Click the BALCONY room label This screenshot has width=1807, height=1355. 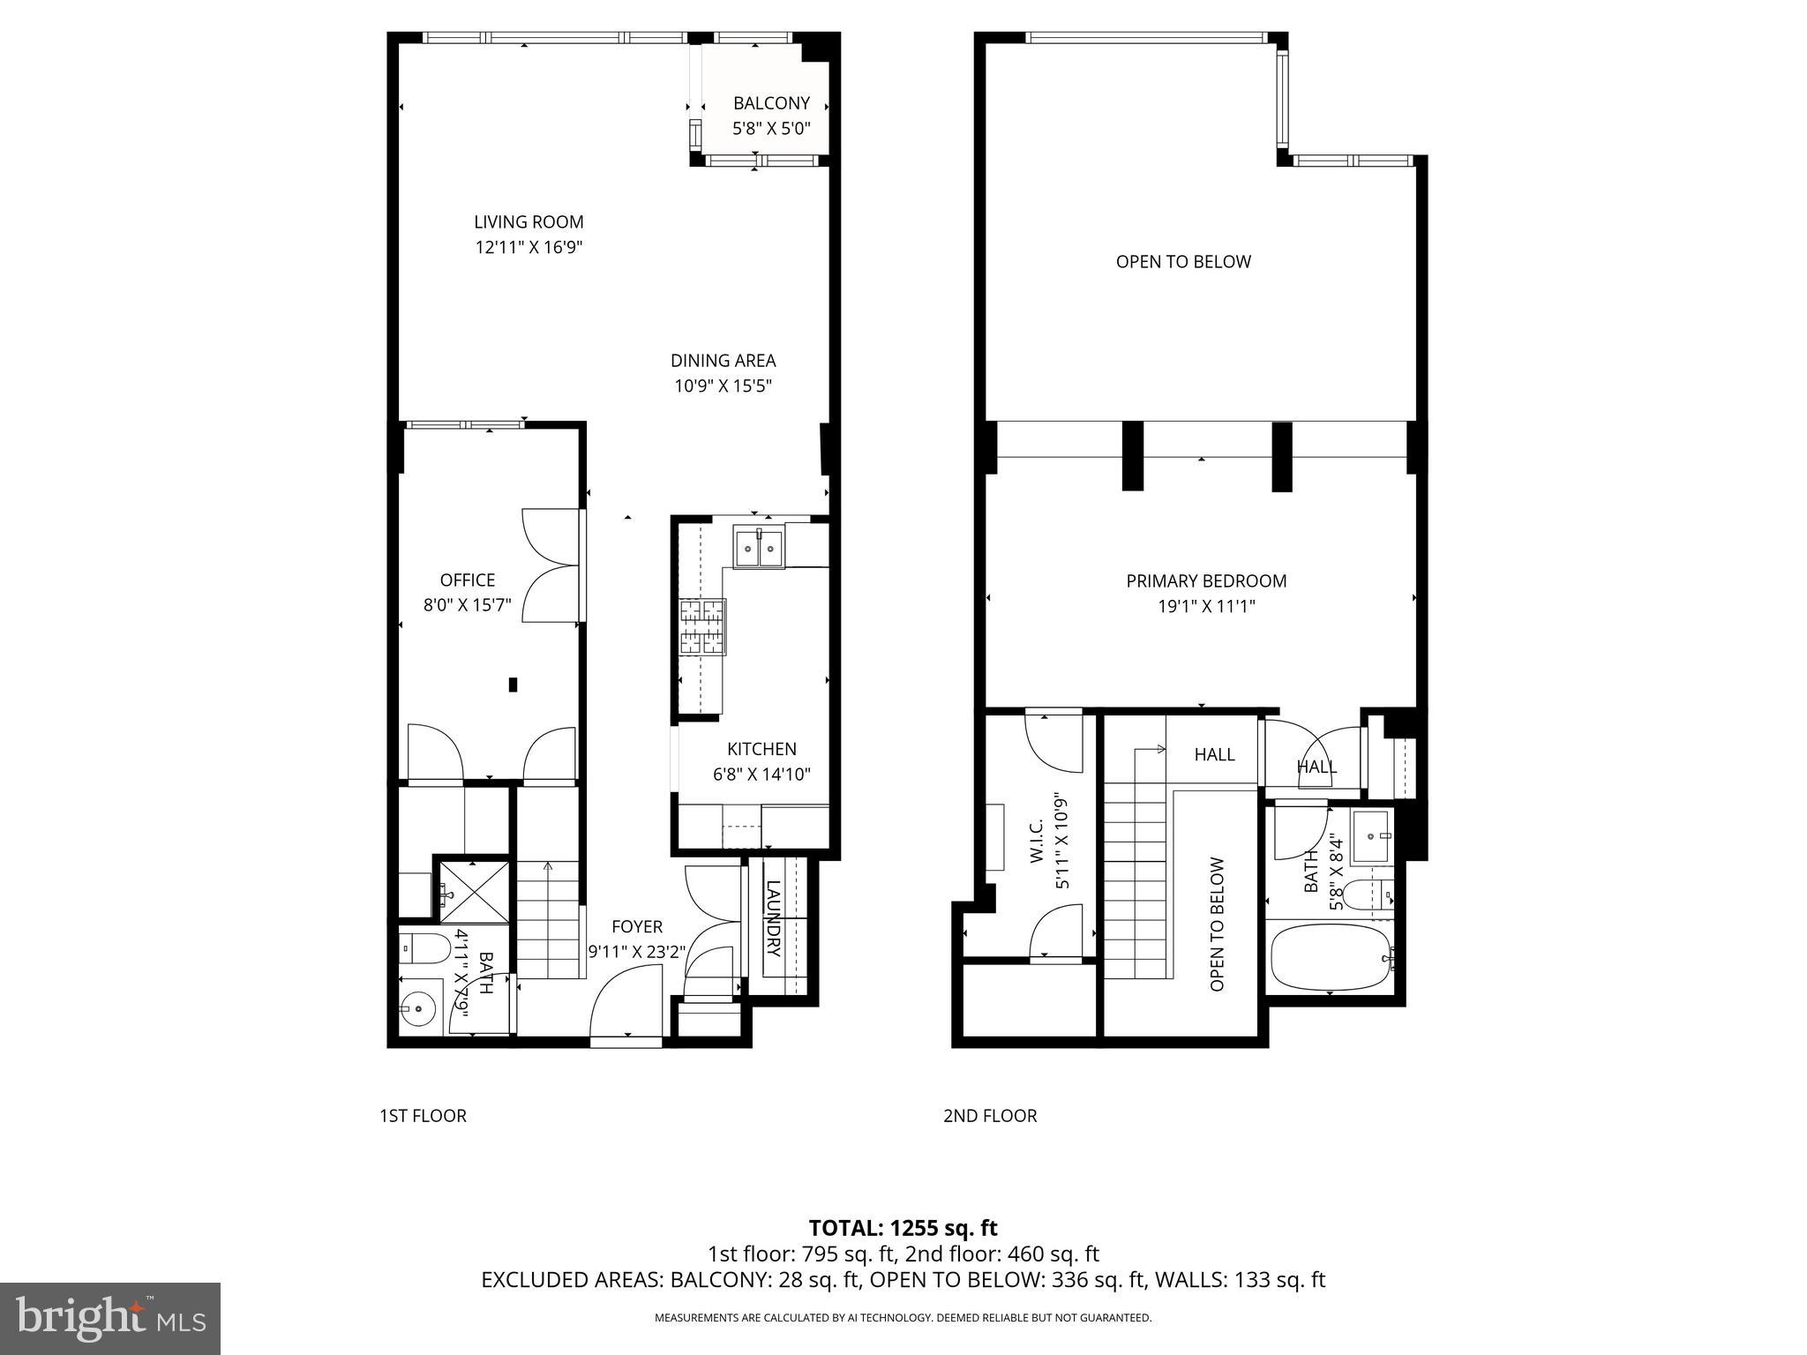coord(770,103)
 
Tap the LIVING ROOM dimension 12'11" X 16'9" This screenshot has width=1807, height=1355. coord(529,248)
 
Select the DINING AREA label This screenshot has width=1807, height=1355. coord(723,360)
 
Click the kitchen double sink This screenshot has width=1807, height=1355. coord(759,549)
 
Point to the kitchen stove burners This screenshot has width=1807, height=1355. coord(702,626)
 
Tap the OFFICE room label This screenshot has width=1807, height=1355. coord(467,580)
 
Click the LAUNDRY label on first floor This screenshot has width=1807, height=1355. coord(774,918)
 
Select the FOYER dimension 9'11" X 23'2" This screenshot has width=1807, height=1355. coord(636,952)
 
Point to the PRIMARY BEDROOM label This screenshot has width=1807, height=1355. coord(1205,580)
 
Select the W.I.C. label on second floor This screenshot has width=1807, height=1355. coord(1037,840)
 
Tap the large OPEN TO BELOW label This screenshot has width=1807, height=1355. coord(1182,261)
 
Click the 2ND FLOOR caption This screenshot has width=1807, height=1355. coord(989,1115)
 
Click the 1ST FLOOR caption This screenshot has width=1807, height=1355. coord(423,1115)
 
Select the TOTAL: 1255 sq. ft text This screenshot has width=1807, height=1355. coord(903,1227)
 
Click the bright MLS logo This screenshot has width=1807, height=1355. coord(110,1319)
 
